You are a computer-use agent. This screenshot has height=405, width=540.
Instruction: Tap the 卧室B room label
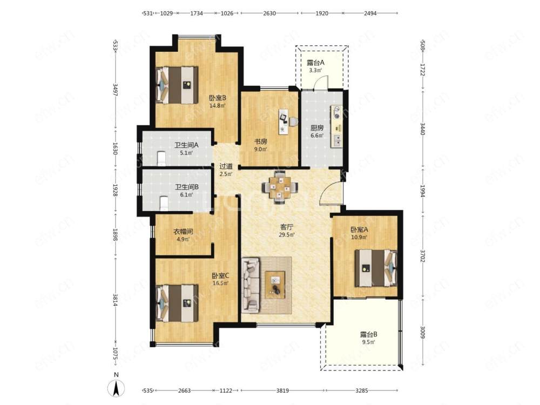218,98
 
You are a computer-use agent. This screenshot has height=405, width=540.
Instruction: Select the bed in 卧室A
376,268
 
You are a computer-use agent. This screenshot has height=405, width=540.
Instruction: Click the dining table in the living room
280,187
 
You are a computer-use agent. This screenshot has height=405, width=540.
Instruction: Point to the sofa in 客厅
251,286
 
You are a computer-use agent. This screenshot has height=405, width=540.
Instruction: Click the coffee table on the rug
275,285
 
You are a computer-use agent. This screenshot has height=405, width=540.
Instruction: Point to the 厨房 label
317,128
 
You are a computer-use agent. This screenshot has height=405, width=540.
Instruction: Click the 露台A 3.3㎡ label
315,66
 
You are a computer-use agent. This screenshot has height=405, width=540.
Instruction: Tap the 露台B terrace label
368,334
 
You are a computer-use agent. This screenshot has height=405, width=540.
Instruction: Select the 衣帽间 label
183,232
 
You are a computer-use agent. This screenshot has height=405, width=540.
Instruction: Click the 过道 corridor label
226,166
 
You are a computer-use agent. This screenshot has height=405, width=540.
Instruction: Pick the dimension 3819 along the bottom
282,390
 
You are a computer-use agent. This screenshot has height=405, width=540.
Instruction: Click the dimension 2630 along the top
269,13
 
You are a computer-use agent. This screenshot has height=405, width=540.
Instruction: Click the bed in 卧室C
177,303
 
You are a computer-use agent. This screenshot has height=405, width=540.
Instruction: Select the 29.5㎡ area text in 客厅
287,235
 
